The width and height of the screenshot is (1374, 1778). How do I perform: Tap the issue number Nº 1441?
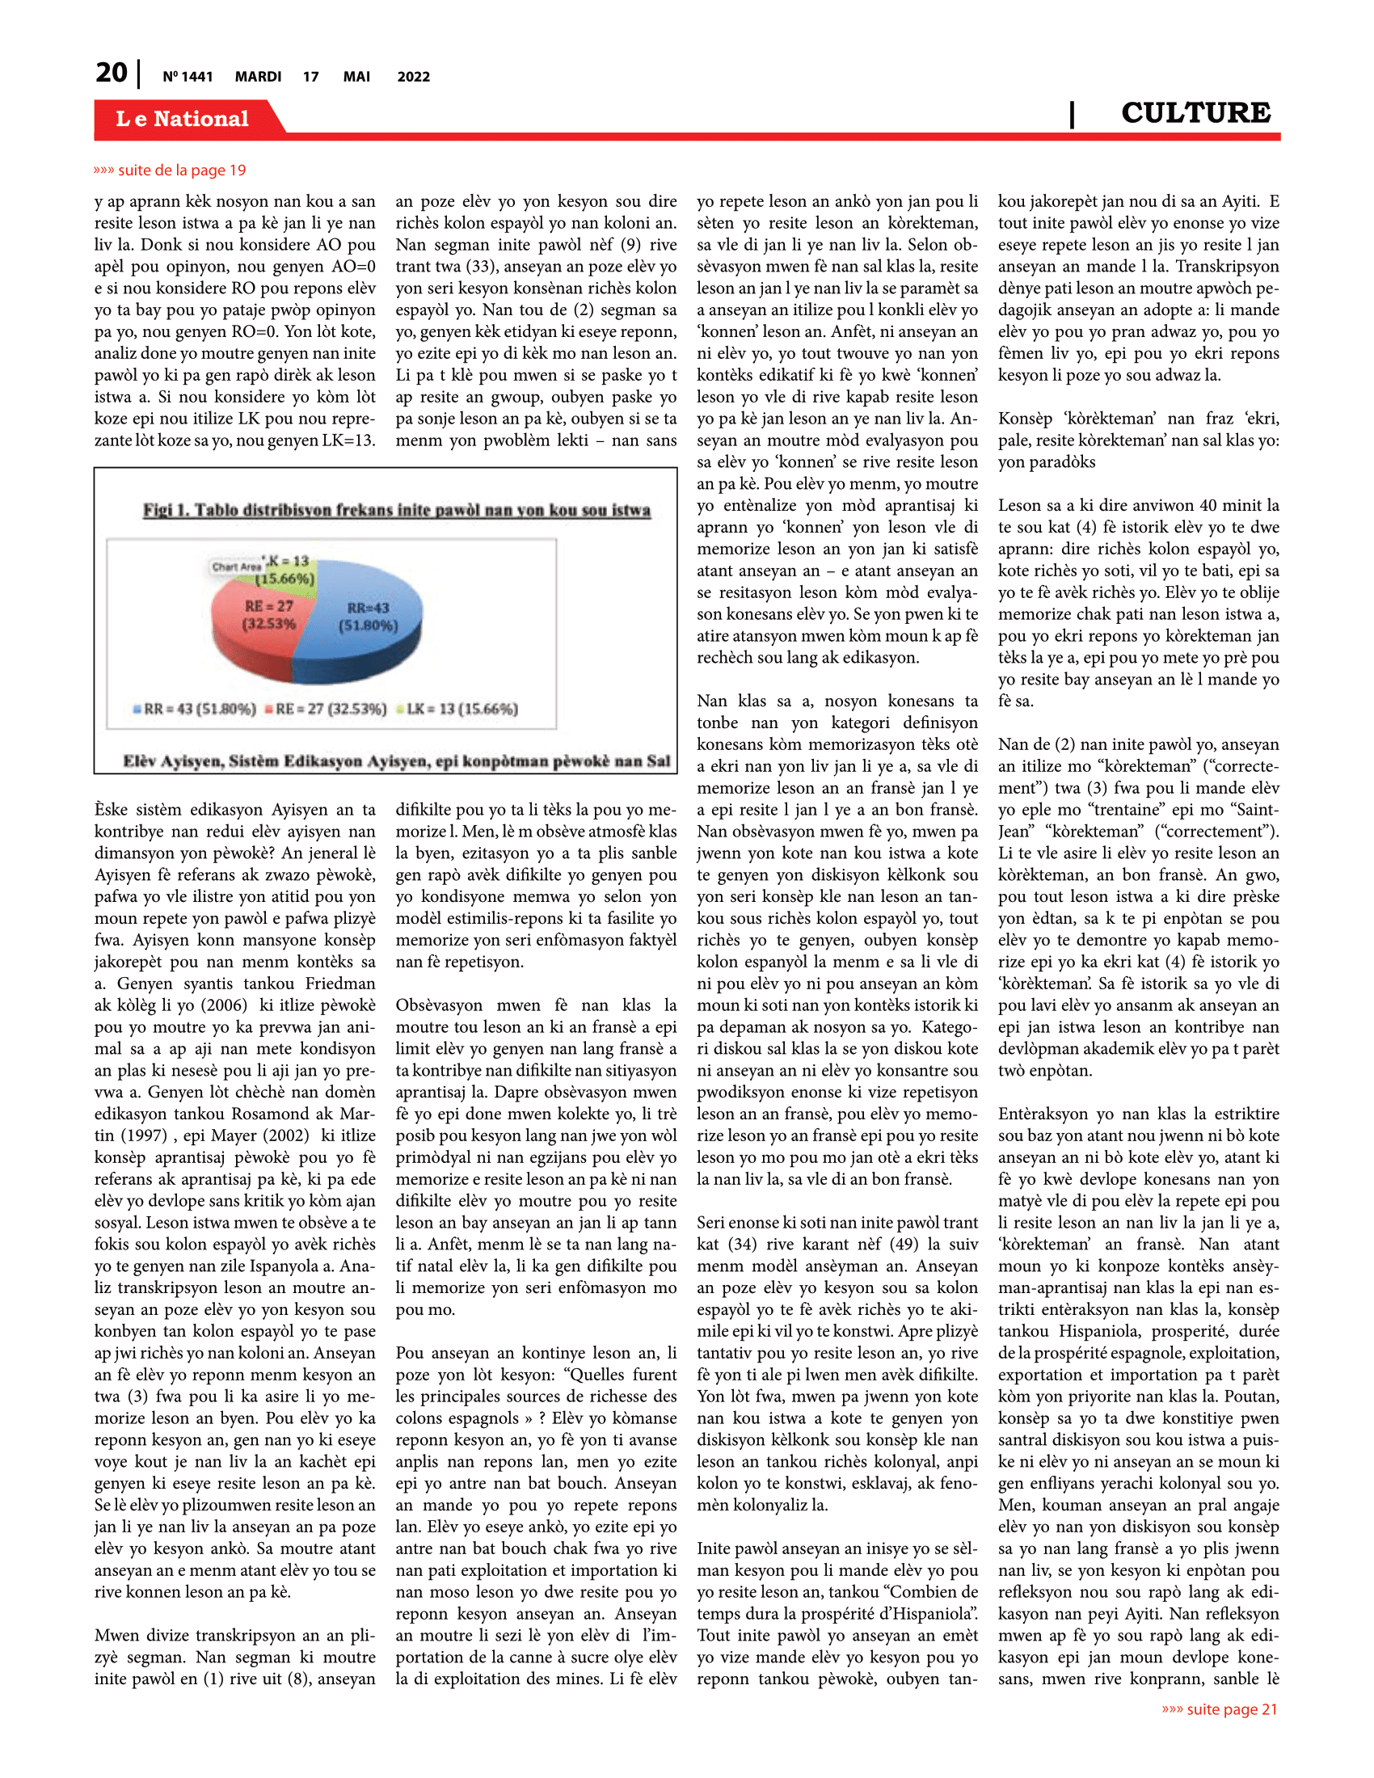(x=188, y=77)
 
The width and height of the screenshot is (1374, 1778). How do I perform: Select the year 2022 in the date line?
(x=414, y=77)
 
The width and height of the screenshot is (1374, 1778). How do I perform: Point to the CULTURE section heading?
(x=1195, y=112)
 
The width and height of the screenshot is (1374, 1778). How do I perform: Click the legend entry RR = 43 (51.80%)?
(x=196, y=708)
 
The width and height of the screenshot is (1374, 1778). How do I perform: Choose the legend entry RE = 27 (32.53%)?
(x=326, y=708)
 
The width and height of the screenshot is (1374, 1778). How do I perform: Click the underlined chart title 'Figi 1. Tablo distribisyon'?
(x=396, y=510)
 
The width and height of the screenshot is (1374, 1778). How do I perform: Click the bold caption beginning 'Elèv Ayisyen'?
(x=396, y=761)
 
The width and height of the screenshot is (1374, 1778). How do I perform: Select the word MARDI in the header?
(x=258, y=77)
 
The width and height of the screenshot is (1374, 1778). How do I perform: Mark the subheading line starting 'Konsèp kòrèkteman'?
(x=1138, y=419)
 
